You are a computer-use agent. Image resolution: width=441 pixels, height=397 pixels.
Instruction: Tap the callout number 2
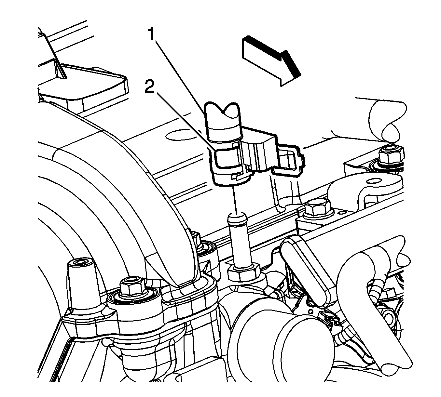pos(150,86)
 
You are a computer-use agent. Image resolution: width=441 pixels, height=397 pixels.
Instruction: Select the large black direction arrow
pos(271,60)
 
